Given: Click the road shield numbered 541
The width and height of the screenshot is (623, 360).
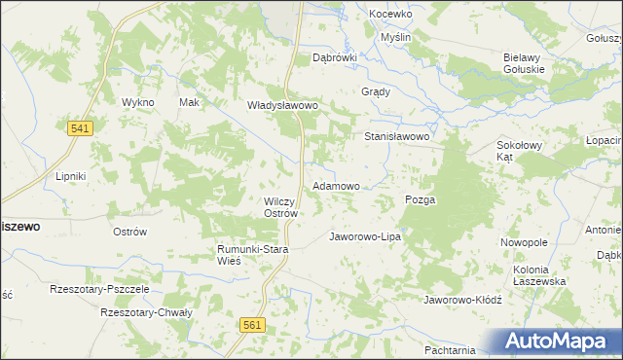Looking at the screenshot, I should (80, 128).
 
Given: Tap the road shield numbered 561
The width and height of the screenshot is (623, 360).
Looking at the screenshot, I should (252, 327).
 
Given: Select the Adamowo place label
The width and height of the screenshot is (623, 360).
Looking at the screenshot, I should (336, 185).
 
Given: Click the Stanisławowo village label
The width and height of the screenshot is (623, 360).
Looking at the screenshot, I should (397, 137).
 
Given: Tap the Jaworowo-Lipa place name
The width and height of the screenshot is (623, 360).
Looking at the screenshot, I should (365, 236).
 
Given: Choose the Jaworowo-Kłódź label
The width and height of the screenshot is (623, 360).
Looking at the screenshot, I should (461, 300).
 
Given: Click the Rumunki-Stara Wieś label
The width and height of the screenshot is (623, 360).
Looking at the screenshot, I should (253, 255).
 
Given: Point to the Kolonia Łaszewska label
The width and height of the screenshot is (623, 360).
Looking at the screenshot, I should (539, 274).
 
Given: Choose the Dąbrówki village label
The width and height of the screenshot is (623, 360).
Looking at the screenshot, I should (335, 57).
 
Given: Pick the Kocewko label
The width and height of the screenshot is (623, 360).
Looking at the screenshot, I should (391, 15).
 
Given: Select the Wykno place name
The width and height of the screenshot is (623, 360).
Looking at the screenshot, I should (137, 102).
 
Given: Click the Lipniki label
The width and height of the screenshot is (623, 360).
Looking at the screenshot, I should (71, 176).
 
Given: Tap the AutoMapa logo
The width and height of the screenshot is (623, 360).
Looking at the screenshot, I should (560, 341).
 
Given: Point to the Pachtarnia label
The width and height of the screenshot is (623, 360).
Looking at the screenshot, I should (450, 349).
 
